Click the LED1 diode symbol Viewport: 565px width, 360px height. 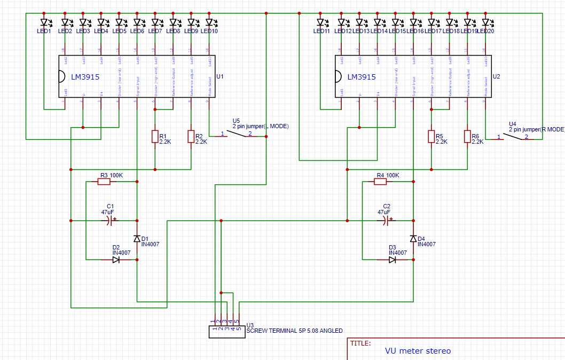(x=45, y=22)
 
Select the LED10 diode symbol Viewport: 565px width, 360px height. (x=210, y=22)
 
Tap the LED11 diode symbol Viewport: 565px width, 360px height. (x=320, y=22)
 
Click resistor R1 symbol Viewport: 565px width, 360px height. (x=155, y=137)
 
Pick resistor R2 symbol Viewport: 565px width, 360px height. (x=191, y=137)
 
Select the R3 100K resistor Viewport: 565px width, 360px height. (x=104, y=182)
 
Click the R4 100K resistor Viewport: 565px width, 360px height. (x=380, y=182)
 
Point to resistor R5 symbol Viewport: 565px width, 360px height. (x=431, y=137)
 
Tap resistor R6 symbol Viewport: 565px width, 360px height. (x=467, y=137)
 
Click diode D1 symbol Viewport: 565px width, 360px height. (x=137, y=239)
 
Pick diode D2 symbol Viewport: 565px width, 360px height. (x=116, y=260)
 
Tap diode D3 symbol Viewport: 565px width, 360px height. (x=393, y=260)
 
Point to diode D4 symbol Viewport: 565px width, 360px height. (x=413, y=239)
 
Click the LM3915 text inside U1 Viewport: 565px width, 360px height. (x=85, y=77)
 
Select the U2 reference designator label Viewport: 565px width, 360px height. (x=496, y=76)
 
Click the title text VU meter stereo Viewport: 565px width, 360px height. (x=418, y=351)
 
